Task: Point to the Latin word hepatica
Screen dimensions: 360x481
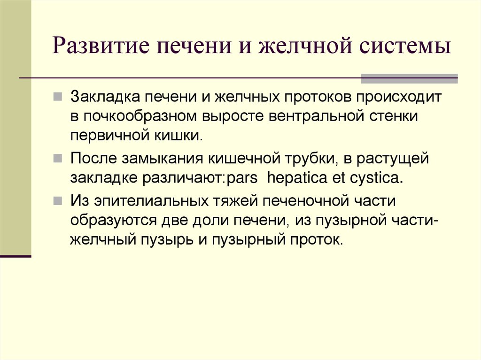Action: coord(300,178)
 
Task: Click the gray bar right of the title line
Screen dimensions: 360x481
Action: coord(409,78)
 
